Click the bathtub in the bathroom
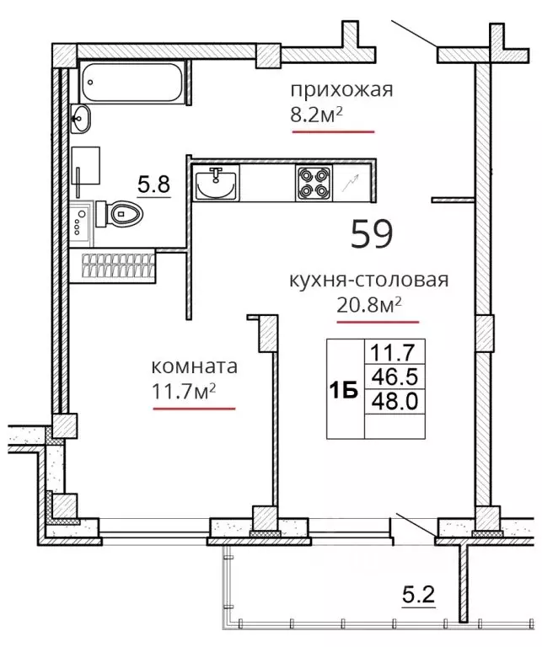(132, 82)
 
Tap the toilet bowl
(120, 214)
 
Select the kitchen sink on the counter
(216, 184)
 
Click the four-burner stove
(314, 183)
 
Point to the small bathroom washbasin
(80, 119)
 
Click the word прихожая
(341, 90)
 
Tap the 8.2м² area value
(317, 115)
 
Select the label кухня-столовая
(369, 281)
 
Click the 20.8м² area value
(369, 305)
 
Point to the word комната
(195, 366)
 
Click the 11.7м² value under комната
(185, 392)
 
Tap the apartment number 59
(372, 233)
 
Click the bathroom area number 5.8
(154, 184)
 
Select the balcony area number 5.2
(419, 596)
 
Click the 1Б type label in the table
(343, 390)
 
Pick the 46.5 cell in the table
(395, 377)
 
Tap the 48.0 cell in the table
(395, 401)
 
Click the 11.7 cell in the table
(395, 352)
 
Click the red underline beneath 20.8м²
(378, 323)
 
